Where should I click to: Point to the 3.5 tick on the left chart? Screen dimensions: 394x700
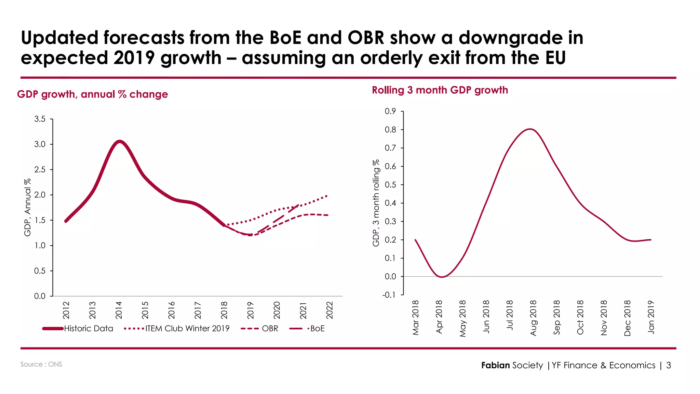[x=40, y=119]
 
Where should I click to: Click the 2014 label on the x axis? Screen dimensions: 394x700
[x=119, y=310]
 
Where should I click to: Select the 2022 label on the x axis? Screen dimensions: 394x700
[x=329, y=310]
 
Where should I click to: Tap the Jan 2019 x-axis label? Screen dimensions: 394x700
[x=651, y=317]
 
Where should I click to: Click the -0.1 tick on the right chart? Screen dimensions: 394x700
[x=389, y=295]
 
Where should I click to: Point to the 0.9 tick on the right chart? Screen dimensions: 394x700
[x=390, y=111]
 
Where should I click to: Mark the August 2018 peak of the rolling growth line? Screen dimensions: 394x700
[x=530, y=129]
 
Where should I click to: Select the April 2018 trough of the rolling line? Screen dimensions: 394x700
[x=442, y=277]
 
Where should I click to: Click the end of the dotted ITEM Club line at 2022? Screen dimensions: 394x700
[x=327, y=196]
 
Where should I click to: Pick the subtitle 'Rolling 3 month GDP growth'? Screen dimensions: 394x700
[x=440, y=90]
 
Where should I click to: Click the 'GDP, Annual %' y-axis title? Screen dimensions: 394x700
[x=27, y=207]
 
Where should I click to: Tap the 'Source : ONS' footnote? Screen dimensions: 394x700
[x=41, y=364]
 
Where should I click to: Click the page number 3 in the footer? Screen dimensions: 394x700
[x=669, y=365]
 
